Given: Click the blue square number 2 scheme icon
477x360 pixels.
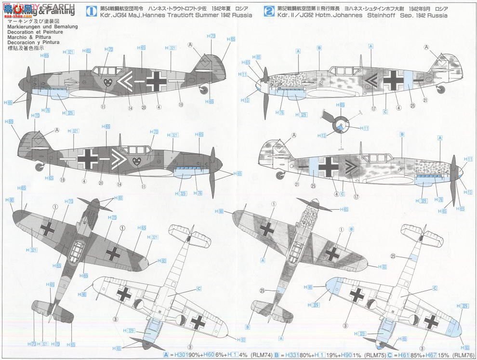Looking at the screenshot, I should [268, 11].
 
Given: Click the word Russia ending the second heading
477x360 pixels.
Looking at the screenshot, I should [436, 15].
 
